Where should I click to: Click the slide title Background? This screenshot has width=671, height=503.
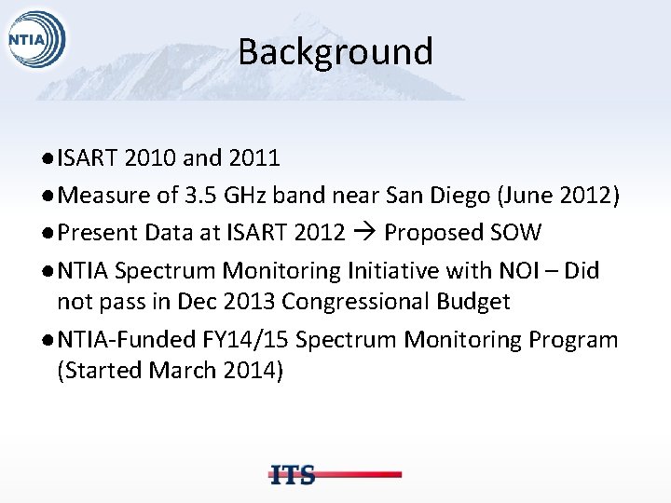tap(335, 51)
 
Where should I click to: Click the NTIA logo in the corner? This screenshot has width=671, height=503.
tap(35, 39)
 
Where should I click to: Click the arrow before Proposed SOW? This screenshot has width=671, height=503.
tap(364, 231)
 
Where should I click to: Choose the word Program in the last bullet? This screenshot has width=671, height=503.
tap(572, 340)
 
